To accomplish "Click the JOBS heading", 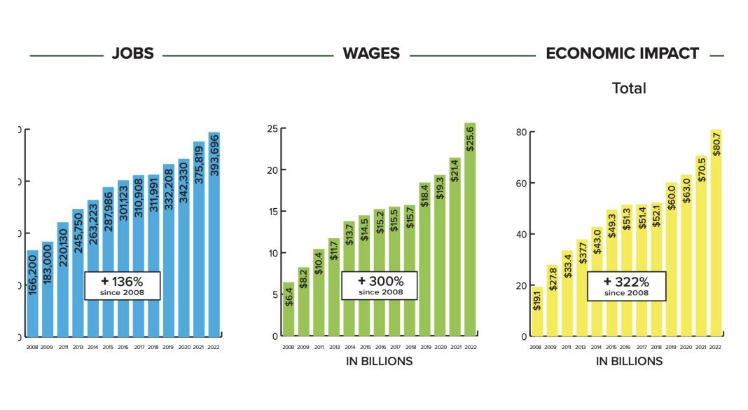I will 132,54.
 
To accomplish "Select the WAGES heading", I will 371,54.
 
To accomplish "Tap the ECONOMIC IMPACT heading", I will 622,54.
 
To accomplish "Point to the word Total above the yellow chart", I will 629,88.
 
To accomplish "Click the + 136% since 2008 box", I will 123,285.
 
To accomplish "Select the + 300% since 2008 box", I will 379,285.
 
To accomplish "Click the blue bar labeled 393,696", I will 214,238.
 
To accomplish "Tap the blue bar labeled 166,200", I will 32,294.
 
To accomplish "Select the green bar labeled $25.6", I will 470,231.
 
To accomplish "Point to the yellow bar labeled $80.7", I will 716,235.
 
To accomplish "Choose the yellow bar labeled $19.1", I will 536,313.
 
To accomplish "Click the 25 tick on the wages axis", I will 273,128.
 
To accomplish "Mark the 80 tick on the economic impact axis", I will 521,132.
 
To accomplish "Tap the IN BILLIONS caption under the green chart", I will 379,362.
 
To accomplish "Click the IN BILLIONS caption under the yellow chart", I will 629,362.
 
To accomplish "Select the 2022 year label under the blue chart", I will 214,347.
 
